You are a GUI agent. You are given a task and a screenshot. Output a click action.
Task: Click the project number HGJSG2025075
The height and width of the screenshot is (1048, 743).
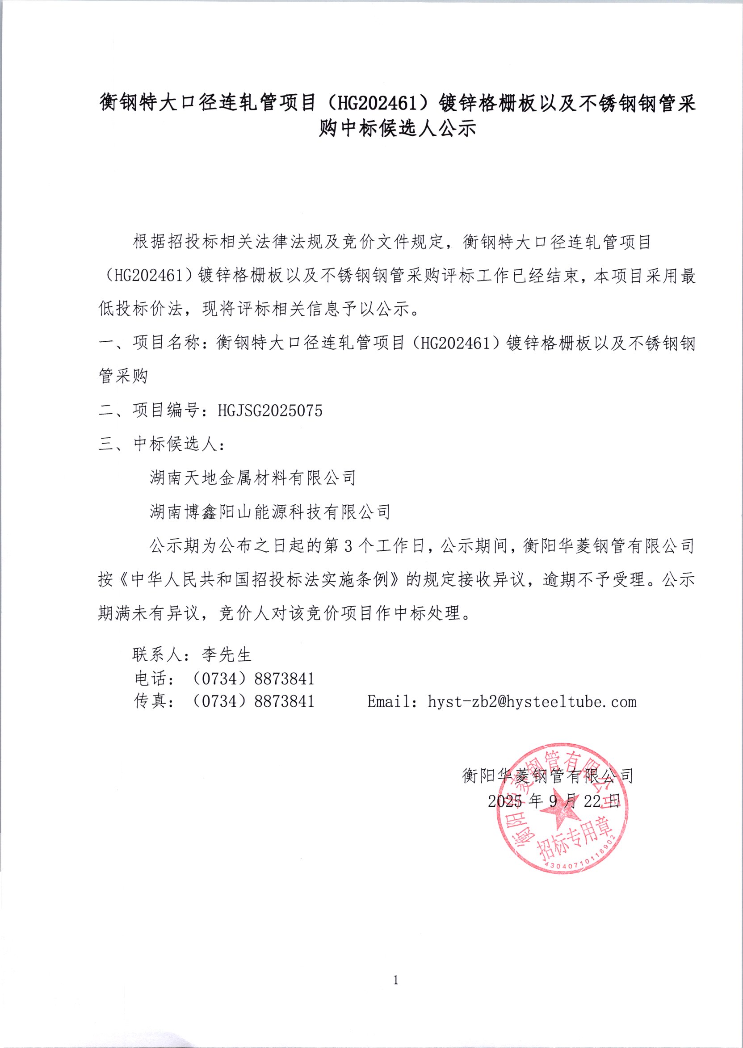click(x=270, y=411)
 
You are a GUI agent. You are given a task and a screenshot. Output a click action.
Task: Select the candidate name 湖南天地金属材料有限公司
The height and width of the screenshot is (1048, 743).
click(x=252, y=478)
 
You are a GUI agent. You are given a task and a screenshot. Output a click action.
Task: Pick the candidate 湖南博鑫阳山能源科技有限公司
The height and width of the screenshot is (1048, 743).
click(x=270, y=512)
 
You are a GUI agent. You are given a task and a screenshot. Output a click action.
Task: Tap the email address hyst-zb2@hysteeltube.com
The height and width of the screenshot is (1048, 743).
click(x=532, y=702)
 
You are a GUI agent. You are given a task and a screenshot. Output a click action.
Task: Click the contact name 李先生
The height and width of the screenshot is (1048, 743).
click(x=227, y=655)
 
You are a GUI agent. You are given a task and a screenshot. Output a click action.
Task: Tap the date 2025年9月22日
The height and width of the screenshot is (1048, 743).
click(x=554, y=801)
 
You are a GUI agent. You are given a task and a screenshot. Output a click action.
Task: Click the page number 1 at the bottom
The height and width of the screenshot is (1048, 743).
click(x=395, y=980)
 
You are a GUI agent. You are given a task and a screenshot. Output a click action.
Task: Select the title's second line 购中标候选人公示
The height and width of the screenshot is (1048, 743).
click(x=397, y=128)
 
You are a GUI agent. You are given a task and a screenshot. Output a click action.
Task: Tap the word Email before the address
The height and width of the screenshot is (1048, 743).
click(x=388, y=702)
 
